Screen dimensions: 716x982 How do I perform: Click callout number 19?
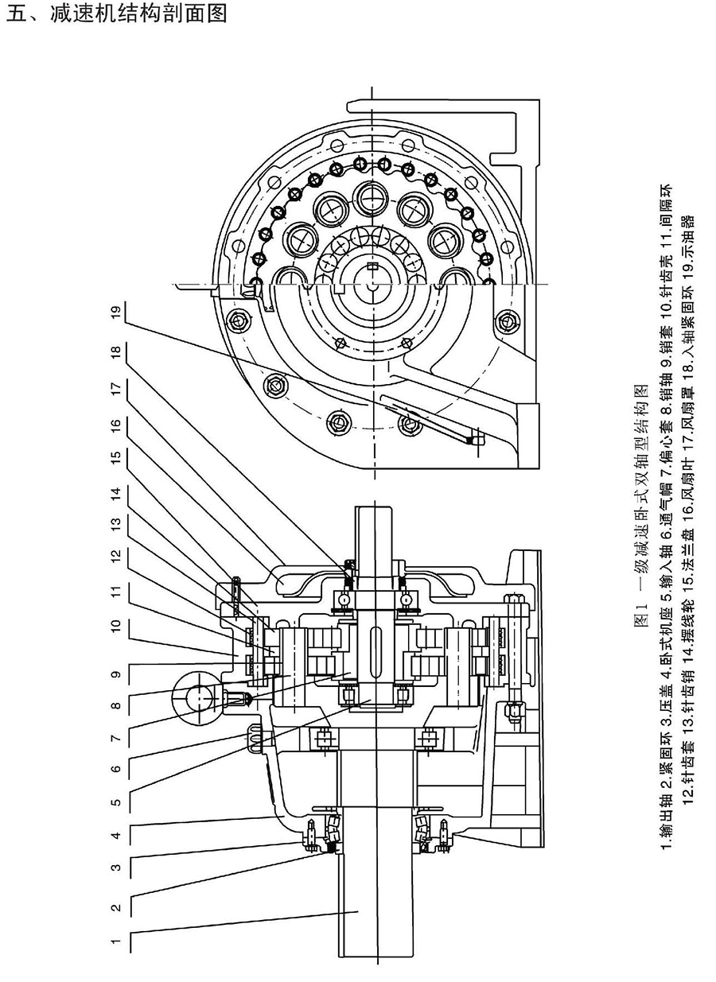pos(116,313)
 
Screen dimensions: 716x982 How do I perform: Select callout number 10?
pos(116,627)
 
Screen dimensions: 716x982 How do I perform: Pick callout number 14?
pos(116,494)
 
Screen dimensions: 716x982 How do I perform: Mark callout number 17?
pos(116,390)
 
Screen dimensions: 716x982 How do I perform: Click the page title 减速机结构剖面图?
pos(138,14)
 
